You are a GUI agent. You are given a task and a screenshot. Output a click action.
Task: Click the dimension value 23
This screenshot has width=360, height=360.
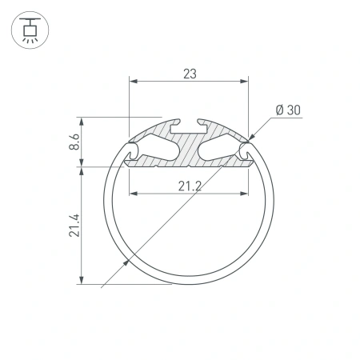click(189, 74)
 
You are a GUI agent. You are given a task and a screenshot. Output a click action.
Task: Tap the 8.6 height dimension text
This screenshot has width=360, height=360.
click(74, 142)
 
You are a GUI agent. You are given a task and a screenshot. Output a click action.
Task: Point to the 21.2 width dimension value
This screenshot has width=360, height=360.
click(189, 186)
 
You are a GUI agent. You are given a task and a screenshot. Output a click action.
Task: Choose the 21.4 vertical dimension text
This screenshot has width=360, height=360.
click(74, 225)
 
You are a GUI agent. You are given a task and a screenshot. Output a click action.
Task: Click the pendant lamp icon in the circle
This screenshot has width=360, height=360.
click(30, 30)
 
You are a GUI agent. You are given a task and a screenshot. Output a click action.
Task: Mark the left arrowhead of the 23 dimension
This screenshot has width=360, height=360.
click(133, 82)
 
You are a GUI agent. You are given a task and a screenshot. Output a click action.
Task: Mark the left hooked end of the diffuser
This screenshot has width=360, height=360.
click(130, 153)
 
